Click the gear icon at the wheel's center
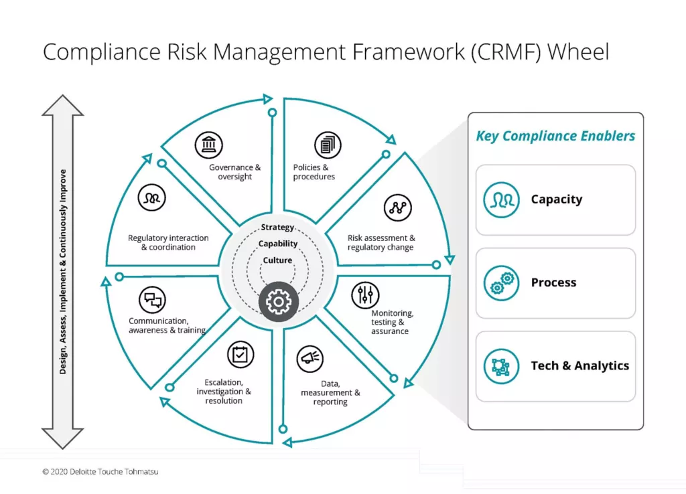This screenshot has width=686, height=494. tap(278, 302)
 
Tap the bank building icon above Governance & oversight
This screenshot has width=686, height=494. tap(208, 145)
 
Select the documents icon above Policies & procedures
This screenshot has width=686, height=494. tap(328, 145)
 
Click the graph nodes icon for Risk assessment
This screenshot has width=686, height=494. tap(397, 208)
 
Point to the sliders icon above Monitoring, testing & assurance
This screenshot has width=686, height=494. tap(365, 295)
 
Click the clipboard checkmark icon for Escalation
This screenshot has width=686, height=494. tap(241, 355)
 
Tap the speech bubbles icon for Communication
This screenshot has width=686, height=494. tap(152, 300)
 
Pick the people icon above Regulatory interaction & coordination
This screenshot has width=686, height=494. tap(152, 199)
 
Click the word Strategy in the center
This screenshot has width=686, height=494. tap(277, 228)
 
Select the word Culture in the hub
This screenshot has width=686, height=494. tap(277, 260)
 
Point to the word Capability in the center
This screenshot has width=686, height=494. tap(277, 244)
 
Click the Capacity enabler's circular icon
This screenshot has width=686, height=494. tap(501, 199)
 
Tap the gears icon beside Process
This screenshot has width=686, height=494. tap(501, 282)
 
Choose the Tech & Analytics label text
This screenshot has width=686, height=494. tap(579, 365)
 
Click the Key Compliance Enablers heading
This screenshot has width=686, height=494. tap(555, 136)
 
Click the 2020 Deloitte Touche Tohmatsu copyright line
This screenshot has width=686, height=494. tap(100, 472)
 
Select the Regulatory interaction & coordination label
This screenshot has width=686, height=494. tap(167, 242)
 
